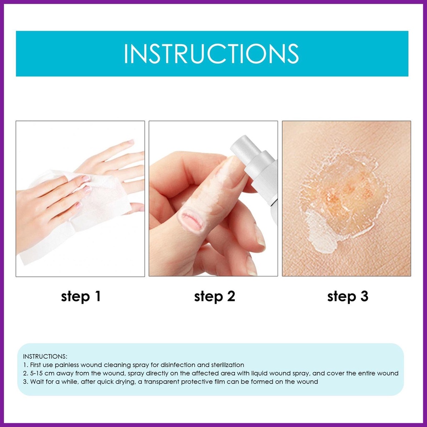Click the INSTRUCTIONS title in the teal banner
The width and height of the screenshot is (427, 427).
point(211,54)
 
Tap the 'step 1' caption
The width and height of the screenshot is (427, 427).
point(81,296)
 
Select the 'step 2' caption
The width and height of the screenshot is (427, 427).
point(215,296)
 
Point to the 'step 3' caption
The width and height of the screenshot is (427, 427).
point(348,296)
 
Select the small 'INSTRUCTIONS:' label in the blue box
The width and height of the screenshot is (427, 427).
point(45,357)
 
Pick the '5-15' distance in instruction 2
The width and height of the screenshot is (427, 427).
point(36,373)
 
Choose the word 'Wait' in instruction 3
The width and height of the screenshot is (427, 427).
point(36,382)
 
